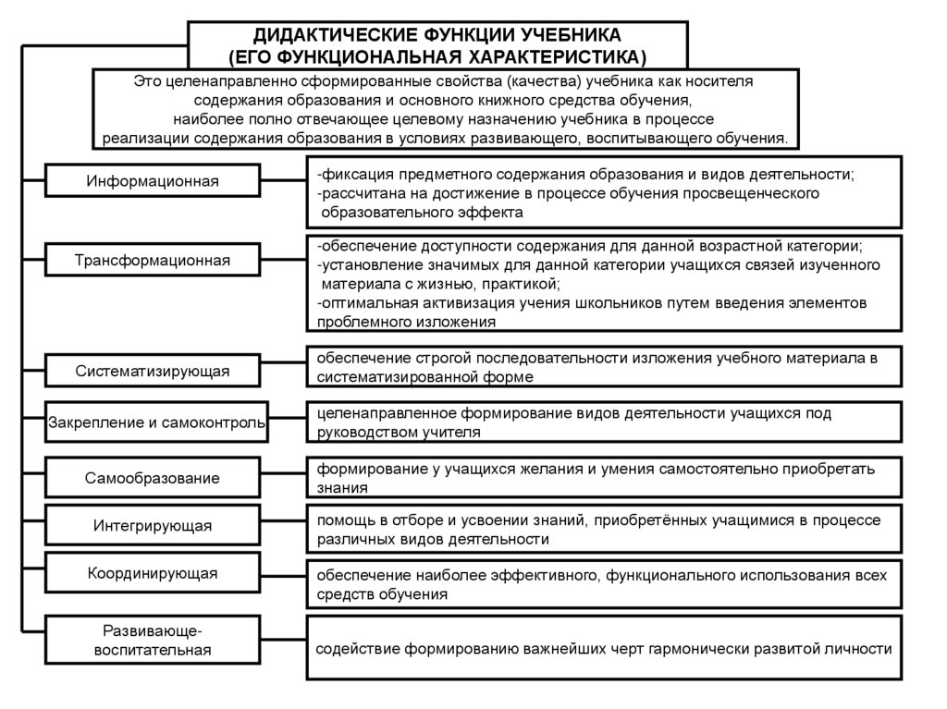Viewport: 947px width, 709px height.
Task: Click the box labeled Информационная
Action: coord(153,180)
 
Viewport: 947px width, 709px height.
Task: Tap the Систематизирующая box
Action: coord(153,372)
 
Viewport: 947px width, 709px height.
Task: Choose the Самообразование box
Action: coord(153,479)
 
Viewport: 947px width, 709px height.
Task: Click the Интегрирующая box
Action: coord(153,526)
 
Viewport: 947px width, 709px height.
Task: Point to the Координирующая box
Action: coord(153,573)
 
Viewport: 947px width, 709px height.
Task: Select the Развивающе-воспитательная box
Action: coord(153,641)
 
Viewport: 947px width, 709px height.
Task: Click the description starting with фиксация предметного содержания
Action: coord(605,192)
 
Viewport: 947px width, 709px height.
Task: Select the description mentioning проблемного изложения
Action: coord(605,284)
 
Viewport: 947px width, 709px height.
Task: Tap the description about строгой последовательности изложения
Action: coord(605,367)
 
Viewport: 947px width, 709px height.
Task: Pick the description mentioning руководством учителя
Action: coord(605,422)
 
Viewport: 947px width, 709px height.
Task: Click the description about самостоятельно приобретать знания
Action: coord(605,478)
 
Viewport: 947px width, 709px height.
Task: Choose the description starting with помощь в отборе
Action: coord(605,529)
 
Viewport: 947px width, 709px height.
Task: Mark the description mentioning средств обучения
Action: coord(605,584)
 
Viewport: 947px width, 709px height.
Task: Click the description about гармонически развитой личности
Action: coord(605,649)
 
